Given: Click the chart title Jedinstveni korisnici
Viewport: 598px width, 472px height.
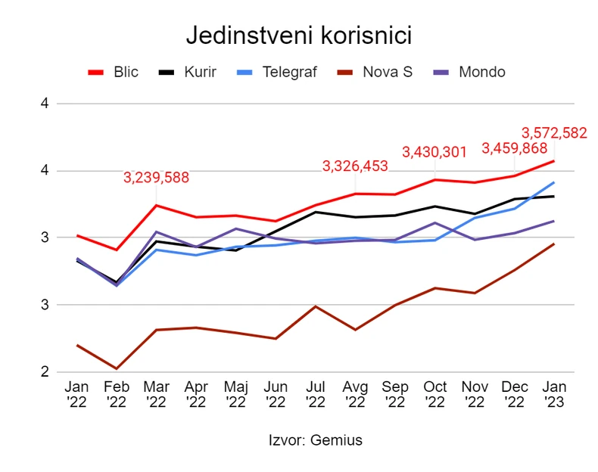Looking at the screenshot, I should coord(298,36).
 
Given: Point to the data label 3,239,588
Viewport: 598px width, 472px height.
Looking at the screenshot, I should coord(156,179).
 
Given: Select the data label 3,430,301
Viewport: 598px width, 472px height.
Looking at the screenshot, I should coord(434,152).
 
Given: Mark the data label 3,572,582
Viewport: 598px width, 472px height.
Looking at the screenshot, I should coord(555,133).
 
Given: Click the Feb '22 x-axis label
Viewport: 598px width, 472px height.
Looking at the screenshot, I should coord(117,393).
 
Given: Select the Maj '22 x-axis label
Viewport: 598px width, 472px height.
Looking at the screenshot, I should coord(235,393).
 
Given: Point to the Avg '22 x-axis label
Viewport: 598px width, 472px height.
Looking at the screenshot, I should coord(355,393).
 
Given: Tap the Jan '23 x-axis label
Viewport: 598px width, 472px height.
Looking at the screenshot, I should coord(554,393).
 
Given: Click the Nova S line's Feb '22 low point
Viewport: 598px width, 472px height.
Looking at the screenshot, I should coord(117,368).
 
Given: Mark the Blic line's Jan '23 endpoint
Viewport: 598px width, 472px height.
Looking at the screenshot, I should coord(554,161).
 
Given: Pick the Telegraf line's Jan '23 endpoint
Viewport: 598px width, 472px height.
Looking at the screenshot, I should coord(554,182).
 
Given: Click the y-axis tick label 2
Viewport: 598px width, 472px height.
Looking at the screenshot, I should coord(45,372).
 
